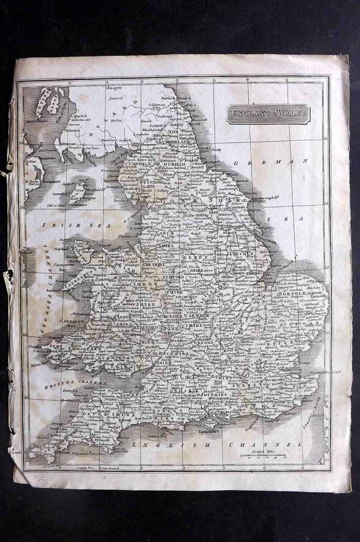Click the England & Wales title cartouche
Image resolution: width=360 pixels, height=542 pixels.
[268, 114]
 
